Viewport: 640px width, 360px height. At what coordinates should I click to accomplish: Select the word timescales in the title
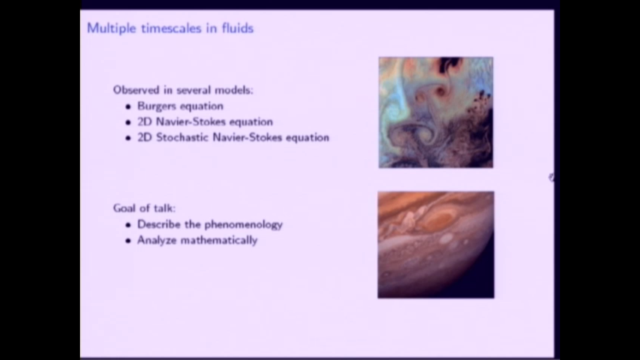click(171, 28)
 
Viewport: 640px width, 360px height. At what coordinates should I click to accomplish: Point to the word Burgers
click(156, 106)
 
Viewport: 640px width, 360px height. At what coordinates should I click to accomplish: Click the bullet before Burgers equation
click(128, 107)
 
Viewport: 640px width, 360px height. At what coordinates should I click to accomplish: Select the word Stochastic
click(182, 137)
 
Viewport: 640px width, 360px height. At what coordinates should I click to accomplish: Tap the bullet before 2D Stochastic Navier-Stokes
click(128, 138)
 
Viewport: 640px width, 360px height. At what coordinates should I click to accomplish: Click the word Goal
click(124, 208)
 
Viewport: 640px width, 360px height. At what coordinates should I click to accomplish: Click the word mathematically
click(219, 240)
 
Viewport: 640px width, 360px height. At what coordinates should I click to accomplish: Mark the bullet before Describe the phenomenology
click(128, 225)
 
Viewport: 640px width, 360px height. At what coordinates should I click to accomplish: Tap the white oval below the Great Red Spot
click(446, 239)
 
